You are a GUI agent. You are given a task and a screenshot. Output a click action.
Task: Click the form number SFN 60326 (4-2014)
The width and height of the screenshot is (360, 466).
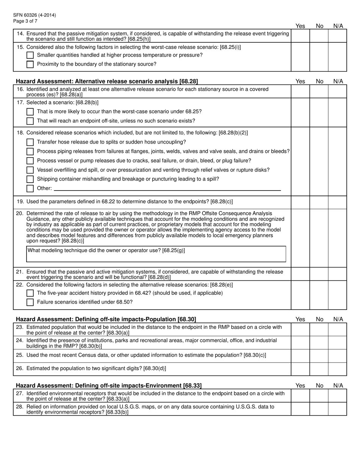coord(34,15)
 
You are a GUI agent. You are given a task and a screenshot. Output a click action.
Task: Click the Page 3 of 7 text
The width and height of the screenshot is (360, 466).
coord(25,21)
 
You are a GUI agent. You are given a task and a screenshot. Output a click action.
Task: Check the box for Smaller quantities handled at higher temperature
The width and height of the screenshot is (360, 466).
coord(30,55)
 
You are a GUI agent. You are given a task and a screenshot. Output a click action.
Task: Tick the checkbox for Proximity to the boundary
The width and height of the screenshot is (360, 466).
coord(30,64)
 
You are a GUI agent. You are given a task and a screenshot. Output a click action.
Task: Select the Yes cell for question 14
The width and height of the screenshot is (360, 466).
coord(300,36)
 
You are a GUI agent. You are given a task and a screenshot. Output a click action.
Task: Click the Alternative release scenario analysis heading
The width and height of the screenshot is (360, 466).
coord(106,81)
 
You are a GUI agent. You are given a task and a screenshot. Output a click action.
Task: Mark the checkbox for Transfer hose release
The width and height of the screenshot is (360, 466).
coord(30,142)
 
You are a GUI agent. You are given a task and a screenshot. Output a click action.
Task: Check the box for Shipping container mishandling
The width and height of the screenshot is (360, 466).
coord(30,179)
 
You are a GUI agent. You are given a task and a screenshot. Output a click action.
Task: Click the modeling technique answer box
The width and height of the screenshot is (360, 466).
coord(156,254)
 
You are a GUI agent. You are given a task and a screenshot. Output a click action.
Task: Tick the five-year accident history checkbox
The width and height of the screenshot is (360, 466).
coord(30,293)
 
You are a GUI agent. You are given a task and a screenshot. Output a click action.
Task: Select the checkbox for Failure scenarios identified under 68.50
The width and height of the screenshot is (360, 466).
coord(30,302)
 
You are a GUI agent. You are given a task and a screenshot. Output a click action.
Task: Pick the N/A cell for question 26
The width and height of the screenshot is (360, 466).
coord(337,369)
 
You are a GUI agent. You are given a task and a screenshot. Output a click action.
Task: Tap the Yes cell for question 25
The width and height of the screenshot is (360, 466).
coord(300,355)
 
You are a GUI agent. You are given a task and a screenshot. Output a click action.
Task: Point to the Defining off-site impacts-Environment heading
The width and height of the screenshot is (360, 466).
coord(108,386)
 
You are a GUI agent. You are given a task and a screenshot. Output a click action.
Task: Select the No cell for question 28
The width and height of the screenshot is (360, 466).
coord(319,409)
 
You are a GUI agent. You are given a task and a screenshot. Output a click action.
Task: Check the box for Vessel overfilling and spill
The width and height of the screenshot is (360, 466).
coord(30,170)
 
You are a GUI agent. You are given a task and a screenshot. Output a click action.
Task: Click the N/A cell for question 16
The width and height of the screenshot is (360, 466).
coord(337,92)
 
